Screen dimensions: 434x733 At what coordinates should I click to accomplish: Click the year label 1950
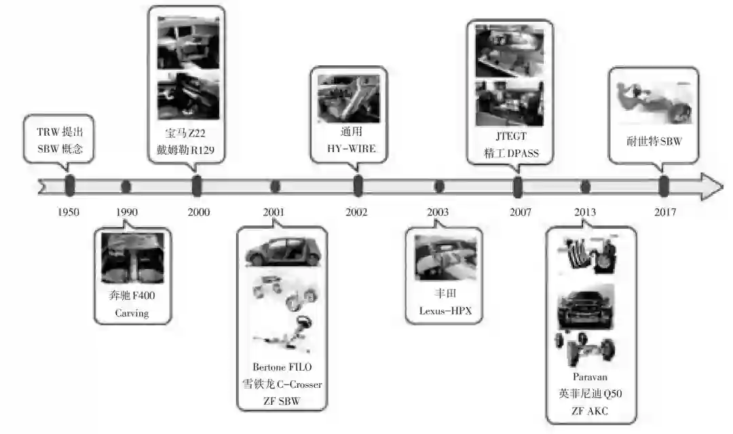69,212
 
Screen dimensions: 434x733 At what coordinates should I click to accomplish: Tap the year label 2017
664,212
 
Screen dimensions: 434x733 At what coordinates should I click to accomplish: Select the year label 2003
438,212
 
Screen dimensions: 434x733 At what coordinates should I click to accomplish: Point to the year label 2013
584,212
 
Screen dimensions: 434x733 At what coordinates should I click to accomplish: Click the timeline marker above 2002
358,185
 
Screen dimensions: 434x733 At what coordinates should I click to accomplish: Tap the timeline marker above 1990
126,186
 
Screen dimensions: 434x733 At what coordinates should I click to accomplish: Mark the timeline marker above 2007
518,186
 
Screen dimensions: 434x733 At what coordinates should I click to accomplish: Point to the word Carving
132,313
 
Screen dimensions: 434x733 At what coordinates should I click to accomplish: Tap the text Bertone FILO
282,367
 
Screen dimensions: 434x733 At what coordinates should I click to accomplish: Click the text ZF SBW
282,401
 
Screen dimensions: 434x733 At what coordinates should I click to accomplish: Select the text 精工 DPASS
511,153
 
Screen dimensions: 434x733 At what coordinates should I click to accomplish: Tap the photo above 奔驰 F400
132,258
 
